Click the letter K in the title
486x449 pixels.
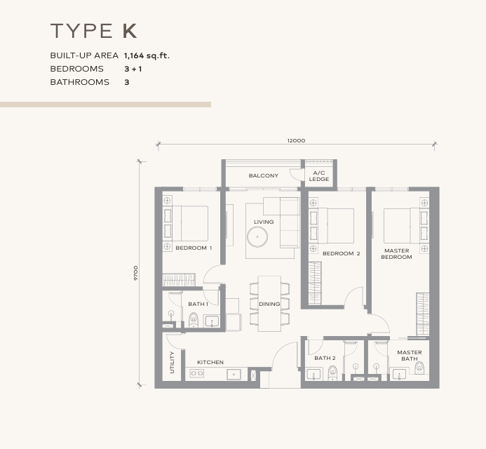point(128,31)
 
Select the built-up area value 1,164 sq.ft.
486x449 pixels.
point(147,55)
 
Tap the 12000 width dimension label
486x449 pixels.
point(296,140)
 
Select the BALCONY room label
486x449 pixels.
point(264,175)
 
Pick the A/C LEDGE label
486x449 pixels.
point(319,175)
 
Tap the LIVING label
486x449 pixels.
point(264,222)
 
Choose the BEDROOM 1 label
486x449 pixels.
point(193,248)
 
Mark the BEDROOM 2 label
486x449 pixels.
point(341,253)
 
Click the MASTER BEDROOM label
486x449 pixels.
point(396,254)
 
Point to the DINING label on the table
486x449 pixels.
point(269,304)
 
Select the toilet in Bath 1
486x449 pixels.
point(194,321)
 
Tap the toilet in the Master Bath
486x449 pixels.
point(419,368)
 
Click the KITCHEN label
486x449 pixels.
point(210,362)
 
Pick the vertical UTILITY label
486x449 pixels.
point(172,362)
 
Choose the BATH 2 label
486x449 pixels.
point(325,358)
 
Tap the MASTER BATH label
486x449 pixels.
point(409,356)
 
